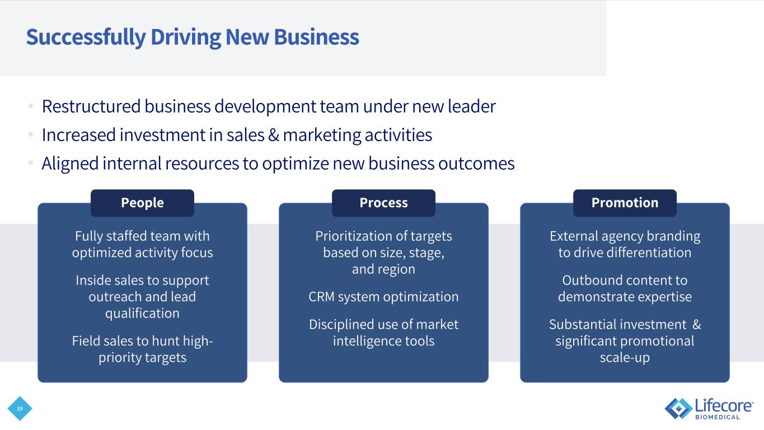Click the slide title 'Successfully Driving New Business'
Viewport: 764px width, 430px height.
[x=192, y=38]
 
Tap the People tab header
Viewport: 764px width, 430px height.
[x=142, y=203]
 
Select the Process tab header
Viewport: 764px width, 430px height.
[x=383, y=203]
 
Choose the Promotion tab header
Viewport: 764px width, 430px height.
[x=625, y=203]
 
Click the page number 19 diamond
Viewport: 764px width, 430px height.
[x=20, y=409]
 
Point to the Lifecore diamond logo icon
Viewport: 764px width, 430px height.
[x=678, y=408]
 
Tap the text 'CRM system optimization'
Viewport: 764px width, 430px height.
[x=383, y=297]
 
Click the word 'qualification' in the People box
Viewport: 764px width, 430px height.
[x=142, y=314]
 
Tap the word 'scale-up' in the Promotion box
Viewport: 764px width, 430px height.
[x=625, y=358]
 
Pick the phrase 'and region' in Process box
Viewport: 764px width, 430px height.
[x=383, y=269]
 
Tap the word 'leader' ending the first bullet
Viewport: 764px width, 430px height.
[x=475, y=106]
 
